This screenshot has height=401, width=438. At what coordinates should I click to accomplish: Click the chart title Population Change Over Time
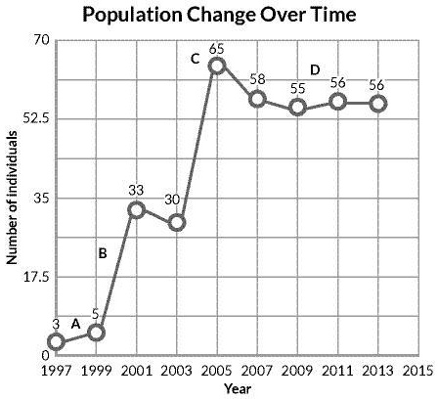click(x=219, y=16)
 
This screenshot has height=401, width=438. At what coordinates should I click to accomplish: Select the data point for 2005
click(x=217, y=65)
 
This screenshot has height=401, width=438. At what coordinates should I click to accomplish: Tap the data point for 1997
click(x=56, y=341)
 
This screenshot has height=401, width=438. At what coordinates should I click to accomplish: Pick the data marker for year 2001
click(x=137, y=209)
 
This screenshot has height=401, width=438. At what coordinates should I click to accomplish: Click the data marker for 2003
click(x=177, y=222)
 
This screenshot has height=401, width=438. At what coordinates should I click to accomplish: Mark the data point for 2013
click(x=378, y=103)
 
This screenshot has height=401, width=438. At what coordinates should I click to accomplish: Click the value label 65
click(x=217, y=47)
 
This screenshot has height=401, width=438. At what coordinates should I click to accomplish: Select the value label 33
click(x=137, y=191)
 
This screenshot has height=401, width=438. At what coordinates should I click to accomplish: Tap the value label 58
click(x=258, y=78)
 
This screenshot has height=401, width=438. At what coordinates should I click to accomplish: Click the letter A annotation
click(x=75, y=323)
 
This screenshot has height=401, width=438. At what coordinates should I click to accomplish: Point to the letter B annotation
click(x=102, y=253)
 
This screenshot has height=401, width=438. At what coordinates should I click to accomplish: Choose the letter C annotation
click(x=195, y=60)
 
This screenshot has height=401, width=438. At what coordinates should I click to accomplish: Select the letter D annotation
click(x=315, y=69)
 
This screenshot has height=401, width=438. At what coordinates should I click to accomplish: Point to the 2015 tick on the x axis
click(x=418, y=372)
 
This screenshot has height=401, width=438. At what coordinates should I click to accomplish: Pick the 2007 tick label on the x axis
click(x=258, y=372)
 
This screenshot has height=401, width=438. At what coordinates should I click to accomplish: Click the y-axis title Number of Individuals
click(x=13, y=200)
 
